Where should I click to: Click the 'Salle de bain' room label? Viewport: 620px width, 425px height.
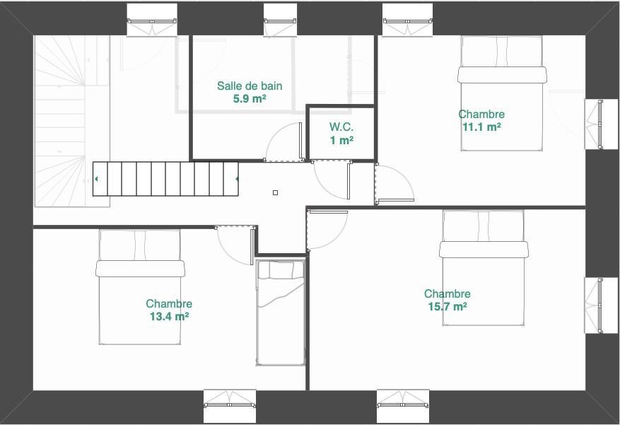coord(250,86)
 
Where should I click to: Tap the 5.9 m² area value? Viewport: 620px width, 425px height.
coord(250,99)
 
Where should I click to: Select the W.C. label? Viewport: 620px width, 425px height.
coord(341,127)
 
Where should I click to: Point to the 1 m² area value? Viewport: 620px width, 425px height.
coord(341,140)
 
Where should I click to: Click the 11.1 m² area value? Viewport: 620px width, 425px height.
coord(481,127)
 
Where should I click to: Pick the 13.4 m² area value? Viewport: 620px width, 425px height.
coord(169,317)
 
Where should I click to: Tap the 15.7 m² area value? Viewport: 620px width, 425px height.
coord(448,307)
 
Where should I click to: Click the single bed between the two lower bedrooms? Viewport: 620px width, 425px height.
coord(281,313)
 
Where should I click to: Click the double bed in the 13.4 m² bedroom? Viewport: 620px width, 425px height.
coord(140,286)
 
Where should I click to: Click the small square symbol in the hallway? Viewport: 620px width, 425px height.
coord(276,192)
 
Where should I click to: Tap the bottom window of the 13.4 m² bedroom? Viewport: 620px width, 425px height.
coord(230,405)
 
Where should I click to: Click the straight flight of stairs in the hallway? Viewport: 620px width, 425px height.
coord(165,179)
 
